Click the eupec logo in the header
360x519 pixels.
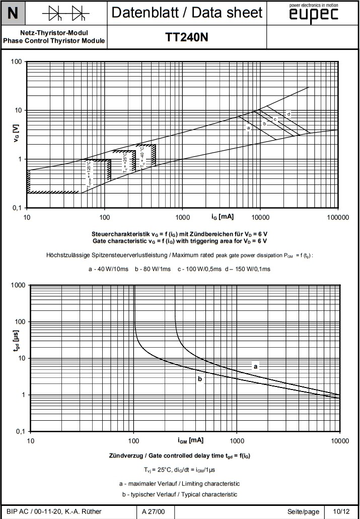click(314, 15)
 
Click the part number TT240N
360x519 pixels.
click(187, 37)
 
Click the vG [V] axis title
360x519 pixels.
click(16, 135)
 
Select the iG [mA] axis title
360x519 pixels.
click(222, 217)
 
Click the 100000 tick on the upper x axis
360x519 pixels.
click(337, 217)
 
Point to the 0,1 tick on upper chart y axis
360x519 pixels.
click(17, 208)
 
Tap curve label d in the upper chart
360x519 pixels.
click(289, 114)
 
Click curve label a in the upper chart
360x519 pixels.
click(248, 128)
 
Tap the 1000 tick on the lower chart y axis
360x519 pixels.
click(18, 286)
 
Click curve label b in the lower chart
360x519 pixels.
click(200, 378)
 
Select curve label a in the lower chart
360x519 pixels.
click(255, 366)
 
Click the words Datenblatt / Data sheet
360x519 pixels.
click(187, 13)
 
